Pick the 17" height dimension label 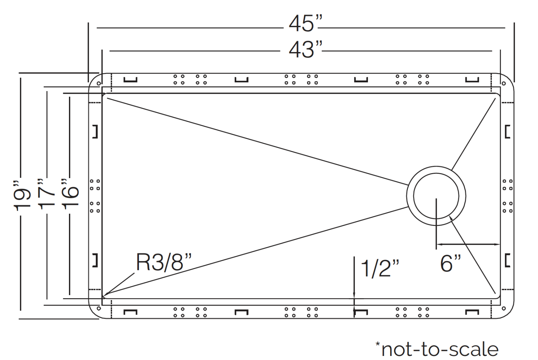[x=46, y=194]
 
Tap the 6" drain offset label [x=450, y=263]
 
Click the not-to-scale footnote [x=437, y=349]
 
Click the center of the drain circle [x=436, y=196]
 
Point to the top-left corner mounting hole [x=99, y=83]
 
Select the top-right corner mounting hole [x=504, y=83]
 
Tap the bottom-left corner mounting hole [x=99, y=308]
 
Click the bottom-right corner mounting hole [x=504, y=308]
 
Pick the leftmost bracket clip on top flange [x=130, y=80]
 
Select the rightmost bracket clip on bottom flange [x=472, y=312]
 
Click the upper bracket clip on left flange [x=95, y=131]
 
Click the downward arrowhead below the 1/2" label [x=354, y=296]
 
